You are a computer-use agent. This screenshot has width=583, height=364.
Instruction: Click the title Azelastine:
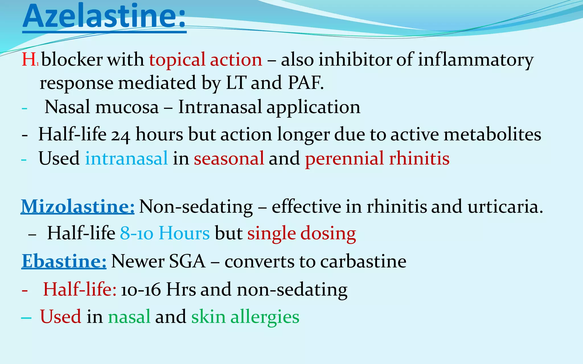[x=104, y=16]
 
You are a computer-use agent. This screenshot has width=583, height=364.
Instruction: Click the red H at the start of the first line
[x=28, y=60]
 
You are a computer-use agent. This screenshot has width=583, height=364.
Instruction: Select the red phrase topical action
[x=206, y=60]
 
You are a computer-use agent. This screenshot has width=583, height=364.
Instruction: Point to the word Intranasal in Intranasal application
[x=220, y=107]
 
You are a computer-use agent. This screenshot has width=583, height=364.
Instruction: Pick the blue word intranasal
[x=126, y=158]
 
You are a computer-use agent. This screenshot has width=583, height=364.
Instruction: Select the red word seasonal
[x=229, y=158]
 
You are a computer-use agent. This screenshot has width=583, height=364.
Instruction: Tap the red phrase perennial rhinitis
[x=377, y=158]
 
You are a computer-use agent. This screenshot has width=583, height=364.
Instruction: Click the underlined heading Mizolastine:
[x=78, y=206]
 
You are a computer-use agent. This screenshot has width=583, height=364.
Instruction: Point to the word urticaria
[x=505, y=206]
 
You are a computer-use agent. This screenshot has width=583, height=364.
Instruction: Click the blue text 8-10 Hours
[x=165, y=233]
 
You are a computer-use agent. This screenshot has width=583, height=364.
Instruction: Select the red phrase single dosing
[x=301, y=233]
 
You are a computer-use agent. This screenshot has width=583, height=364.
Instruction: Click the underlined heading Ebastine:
[x=64, y=261]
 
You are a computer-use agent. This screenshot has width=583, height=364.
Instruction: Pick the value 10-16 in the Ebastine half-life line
[x=141, y=290]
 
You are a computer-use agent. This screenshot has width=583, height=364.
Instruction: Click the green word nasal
[x=129, y=317]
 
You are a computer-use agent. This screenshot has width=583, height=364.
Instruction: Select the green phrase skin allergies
[x=245, y=317]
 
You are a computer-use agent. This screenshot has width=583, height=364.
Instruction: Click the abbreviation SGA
[x=187, y=261]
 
